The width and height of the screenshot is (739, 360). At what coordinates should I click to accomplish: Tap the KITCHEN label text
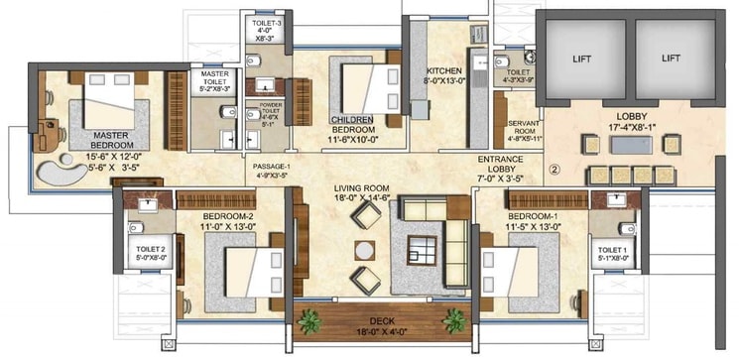tap(442, 71)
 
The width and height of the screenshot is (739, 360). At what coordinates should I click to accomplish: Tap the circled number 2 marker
tap(554, 170)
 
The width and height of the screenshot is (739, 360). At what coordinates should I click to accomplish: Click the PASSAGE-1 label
tap(272, 168)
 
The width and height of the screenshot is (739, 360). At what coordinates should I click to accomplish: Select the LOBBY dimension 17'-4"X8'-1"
tap(631, 128)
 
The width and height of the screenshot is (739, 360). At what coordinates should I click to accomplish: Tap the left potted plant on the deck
tap(306, 319)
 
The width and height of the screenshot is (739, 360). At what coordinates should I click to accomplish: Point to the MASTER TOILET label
tap(215, 74)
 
